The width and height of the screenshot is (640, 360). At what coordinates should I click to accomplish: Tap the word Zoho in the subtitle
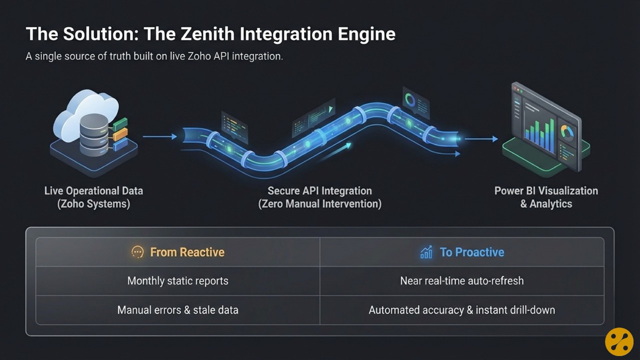pos(199,56)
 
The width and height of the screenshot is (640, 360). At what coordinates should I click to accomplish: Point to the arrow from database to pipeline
pos(159,136)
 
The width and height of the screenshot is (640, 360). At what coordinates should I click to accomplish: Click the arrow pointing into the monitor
pos(480,139)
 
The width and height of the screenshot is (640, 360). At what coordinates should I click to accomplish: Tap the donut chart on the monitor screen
pos(567,132)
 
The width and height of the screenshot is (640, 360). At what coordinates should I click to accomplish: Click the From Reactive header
pos(187,252)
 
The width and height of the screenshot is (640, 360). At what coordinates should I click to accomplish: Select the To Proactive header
pos(471,252)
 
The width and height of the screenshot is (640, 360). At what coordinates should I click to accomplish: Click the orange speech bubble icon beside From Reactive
pos(137,252)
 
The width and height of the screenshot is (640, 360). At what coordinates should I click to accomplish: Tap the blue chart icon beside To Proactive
pos(426,252)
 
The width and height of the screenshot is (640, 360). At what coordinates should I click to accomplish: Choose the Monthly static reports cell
pos(177,280)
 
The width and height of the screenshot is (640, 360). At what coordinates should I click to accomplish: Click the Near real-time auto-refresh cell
pos(461,280)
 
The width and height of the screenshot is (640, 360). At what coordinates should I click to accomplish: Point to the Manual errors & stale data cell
pos(177,310)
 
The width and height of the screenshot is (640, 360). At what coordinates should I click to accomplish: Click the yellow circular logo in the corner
pos(619,341)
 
